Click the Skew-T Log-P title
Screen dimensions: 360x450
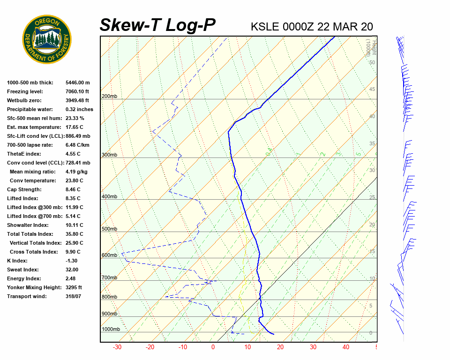(x=157, y=25)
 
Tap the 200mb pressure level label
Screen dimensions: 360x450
(x=109, y=97)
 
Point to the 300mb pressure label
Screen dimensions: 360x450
(x=109, y=155)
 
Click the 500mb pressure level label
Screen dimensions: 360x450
(x=109, y=229)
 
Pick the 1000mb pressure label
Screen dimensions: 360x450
(x=111, y=330)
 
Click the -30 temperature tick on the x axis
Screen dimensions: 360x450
(x=117, y=347)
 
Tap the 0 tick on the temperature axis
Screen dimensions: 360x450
(x=213, y=347)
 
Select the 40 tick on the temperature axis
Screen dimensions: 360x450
(x=346, y=347)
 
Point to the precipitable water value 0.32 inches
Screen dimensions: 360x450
(x=79, y=109)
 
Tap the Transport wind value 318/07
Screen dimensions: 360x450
(x=74, y=296)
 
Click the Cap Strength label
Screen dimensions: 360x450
(x=24, y=189)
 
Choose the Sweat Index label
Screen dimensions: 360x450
(x=22, y=270)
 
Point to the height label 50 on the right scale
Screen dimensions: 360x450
(x=372, y=62)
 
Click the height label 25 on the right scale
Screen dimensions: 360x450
(x=372, y=198)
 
